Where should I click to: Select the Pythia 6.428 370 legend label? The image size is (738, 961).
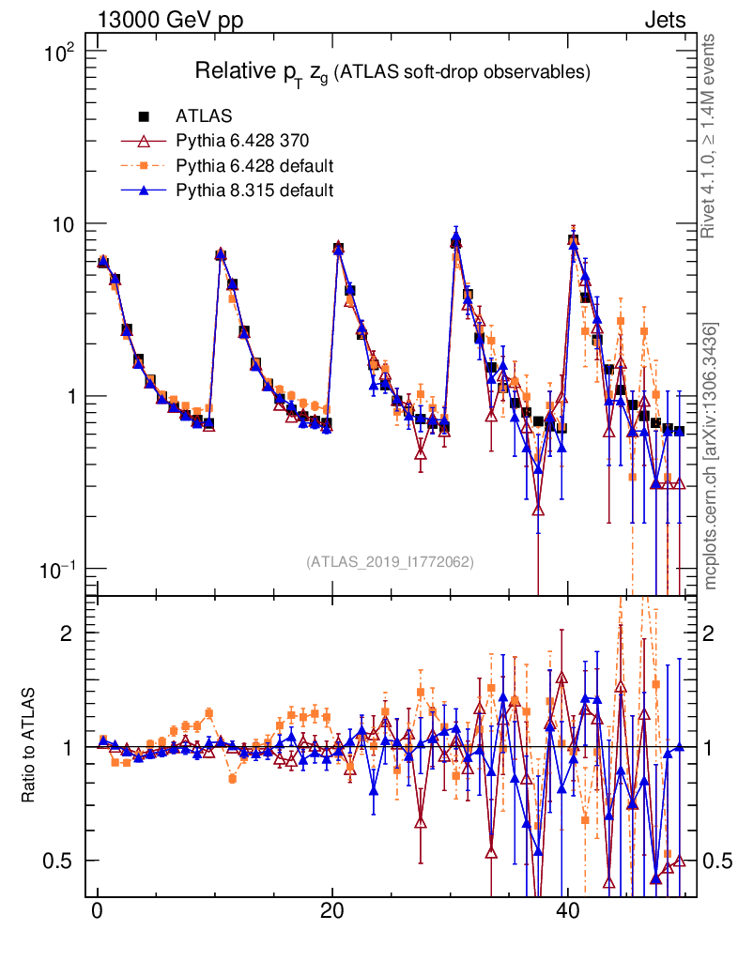click(242, 142)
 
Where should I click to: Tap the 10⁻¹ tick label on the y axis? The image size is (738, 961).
click(63, 570)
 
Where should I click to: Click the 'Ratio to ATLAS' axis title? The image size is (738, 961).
click(29, 746)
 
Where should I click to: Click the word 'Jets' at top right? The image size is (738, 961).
click(664, 21)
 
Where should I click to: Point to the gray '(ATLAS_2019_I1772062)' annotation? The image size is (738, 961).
click(390, 562)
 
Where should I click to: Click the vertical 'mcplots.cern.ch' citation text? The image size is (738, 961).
click(711, 456)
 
